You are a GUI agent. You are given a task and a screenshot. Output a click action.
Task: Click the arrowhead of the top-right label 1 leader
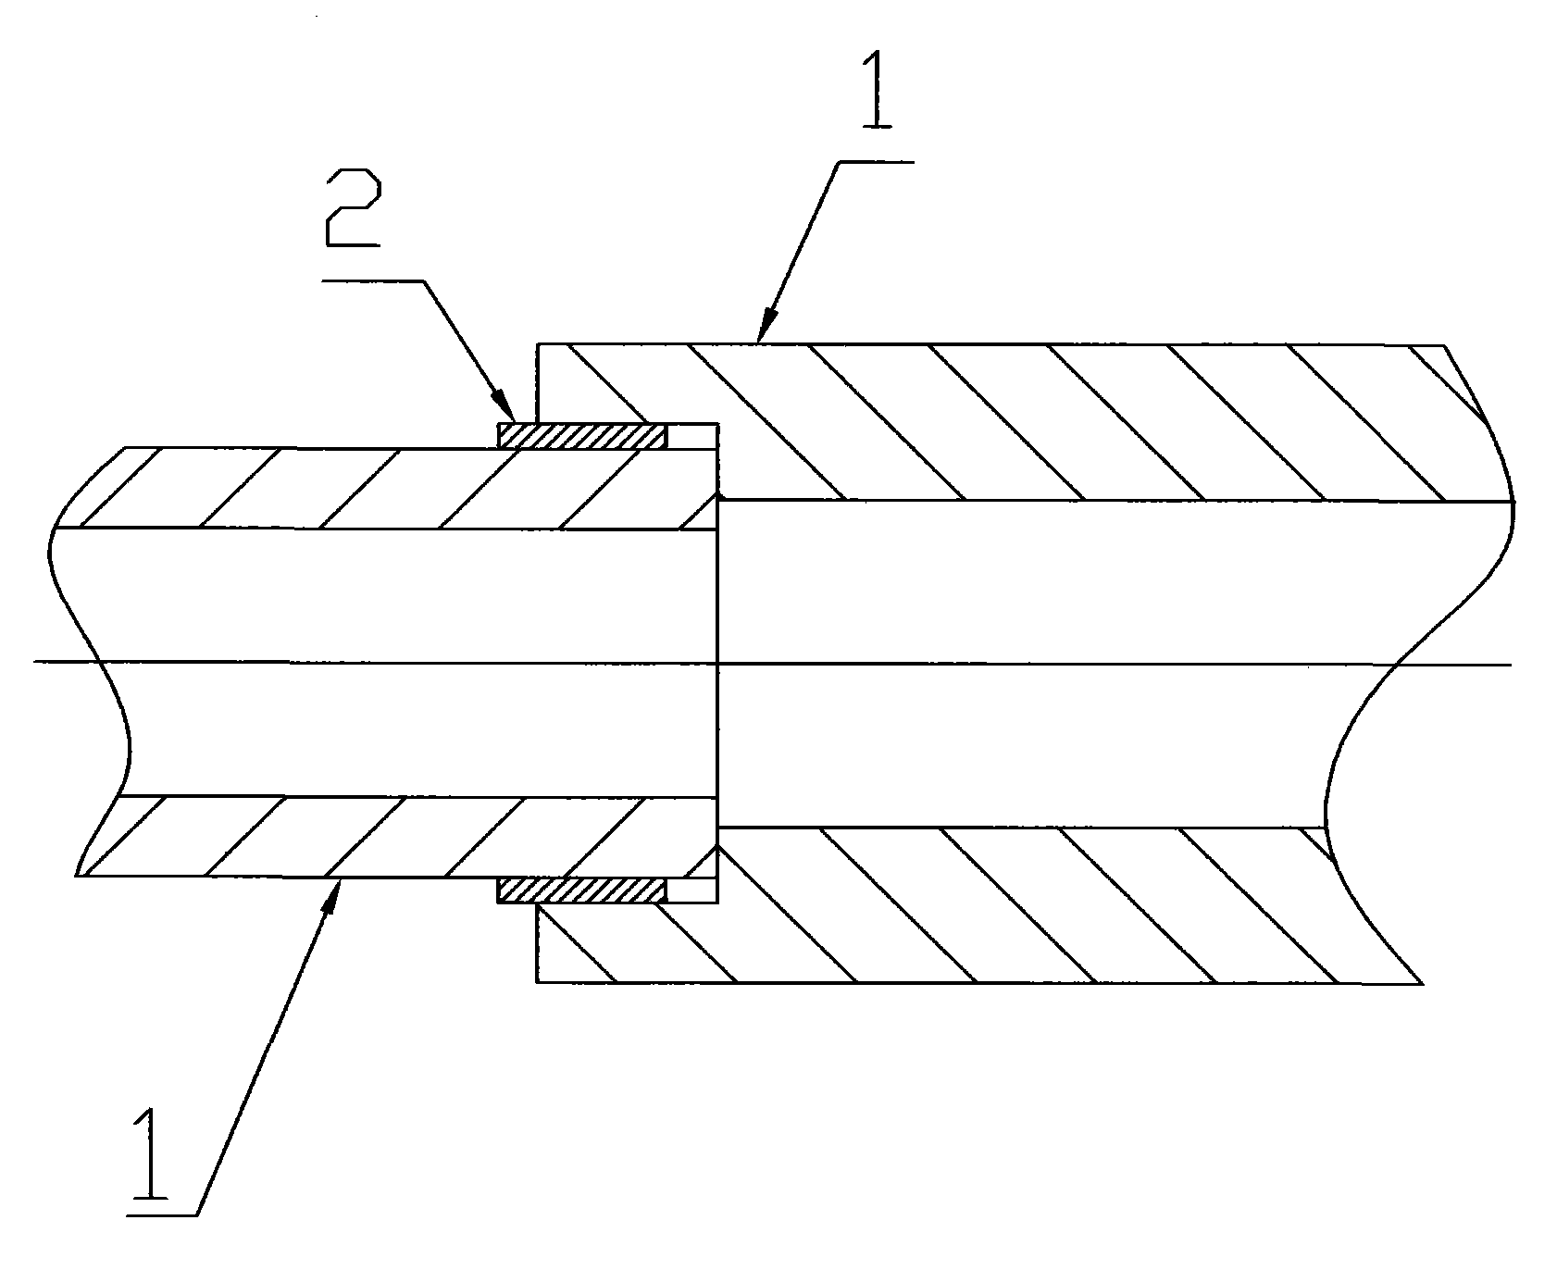[x=766, y=329]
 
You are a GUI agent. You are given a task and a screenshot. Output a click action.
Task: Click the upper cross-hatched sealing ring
[x=581, y=436]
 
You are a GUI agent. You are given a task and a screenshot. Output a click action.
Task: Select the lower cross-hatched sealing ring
[x=581, y=890]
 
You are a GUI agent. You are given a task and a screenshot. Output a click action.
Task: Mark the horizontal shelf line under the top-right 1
[x=875, y=163]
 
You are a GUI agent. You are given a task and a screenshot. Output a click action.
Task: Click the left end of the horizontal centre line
[x=33, y=662]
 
